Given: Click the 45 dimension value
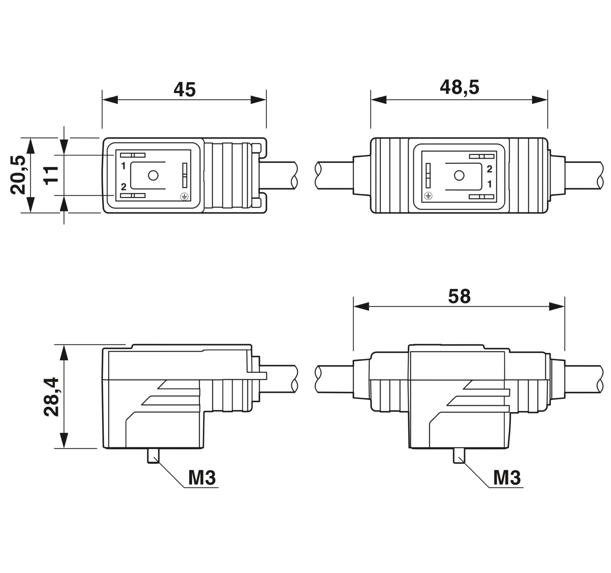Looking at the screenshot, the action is pyautogui.click(x=185, y=89).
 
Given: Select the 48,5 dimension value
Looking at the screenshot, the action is pyautogui.click(x=459, y=87).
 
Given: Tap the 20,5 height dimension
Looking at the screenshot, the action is pyautogui.click(x=18, y=175).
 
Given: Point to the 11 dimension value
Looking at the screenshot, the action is pyautogui.click(x=51, y=175).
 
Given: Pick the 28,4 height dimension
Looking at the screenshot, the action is pyautogui.click(x=51, y=397).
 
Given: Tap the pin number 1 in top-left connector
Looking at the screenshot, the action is pyautogui.click(x=123, y=166).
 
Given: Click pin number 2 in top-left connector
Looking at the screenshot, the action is pyautogui.click(x=123, y=187).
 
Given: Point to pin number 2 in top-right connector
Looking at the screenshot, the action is pyautogui.click(x=489, y=169).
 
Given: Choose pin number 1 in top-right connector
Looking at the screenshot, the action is pyautogui.click(x=490, y=184).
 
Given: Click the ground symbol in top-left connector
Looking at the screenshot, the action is pyautogui.click(x=184, y=196).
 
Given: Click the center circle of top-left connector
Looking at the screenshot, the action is pyautogui.click(x=153, y=176).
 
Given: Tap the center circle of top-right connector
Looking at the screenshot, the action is pyautogui.click(x=459, y=176).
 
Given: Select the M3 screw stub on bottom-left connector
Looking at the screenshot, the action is pyautogui.click(x=153, y=456).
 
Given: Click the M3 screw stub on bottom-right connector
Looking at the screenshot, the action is pyautogui.click(x=459, y=456).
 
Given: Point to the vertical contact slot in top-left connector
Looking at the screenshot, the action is pyautogui.click(x=185, y=175).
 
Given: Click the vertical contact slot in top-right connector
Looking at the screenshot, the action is pyautogui.click(x=428, y=176).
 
